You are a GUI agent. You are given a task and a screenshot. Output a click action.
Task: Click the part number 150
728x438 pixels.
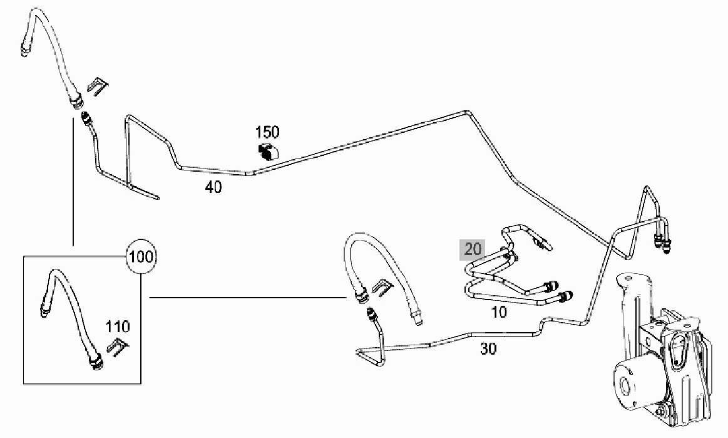click(267, 132)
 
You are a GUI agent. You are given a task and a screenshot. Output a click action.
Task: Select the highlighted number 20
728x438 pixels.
click(473, 249)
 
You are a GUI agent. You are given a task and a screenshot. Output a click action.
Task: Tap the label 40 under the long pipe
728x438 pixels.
click(213, 187)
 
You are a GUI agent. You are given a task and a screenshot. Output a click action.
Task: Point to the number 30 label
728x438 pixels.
click(488, 349)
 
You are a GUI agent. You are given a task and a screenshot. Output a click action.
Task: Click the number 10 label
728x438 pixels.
click(500, 311)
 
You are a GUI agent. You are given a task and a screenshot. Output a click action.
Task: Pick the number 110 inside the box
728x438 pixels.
click(118, 326)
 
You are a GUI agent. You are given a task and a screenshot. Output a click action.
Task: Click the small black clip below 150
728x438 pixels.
click(269, 150)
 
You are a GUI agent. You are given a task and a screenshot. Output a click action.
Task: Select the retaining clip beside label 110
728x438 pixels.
click(117, 346)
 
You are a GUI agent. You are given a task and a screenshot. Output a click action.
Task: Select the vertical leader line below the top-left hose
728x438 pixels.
click(73, 182)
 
